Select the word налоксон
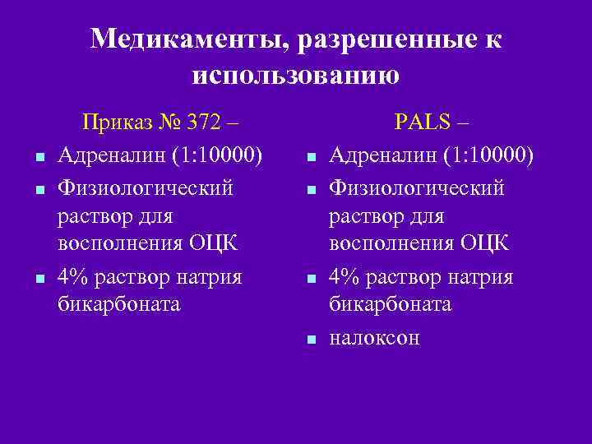click(x=374, y=337)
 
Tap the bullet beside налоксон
click(x=310, y=339)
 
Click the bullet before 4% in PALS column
click(x=310, y=279)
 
